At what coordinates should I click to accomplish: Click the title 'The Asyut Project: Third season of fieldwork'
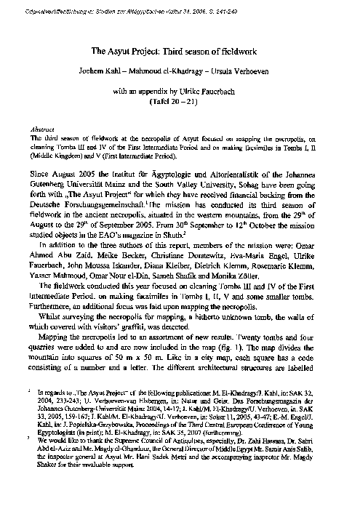pyautogui.click(x=179, y=53)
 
